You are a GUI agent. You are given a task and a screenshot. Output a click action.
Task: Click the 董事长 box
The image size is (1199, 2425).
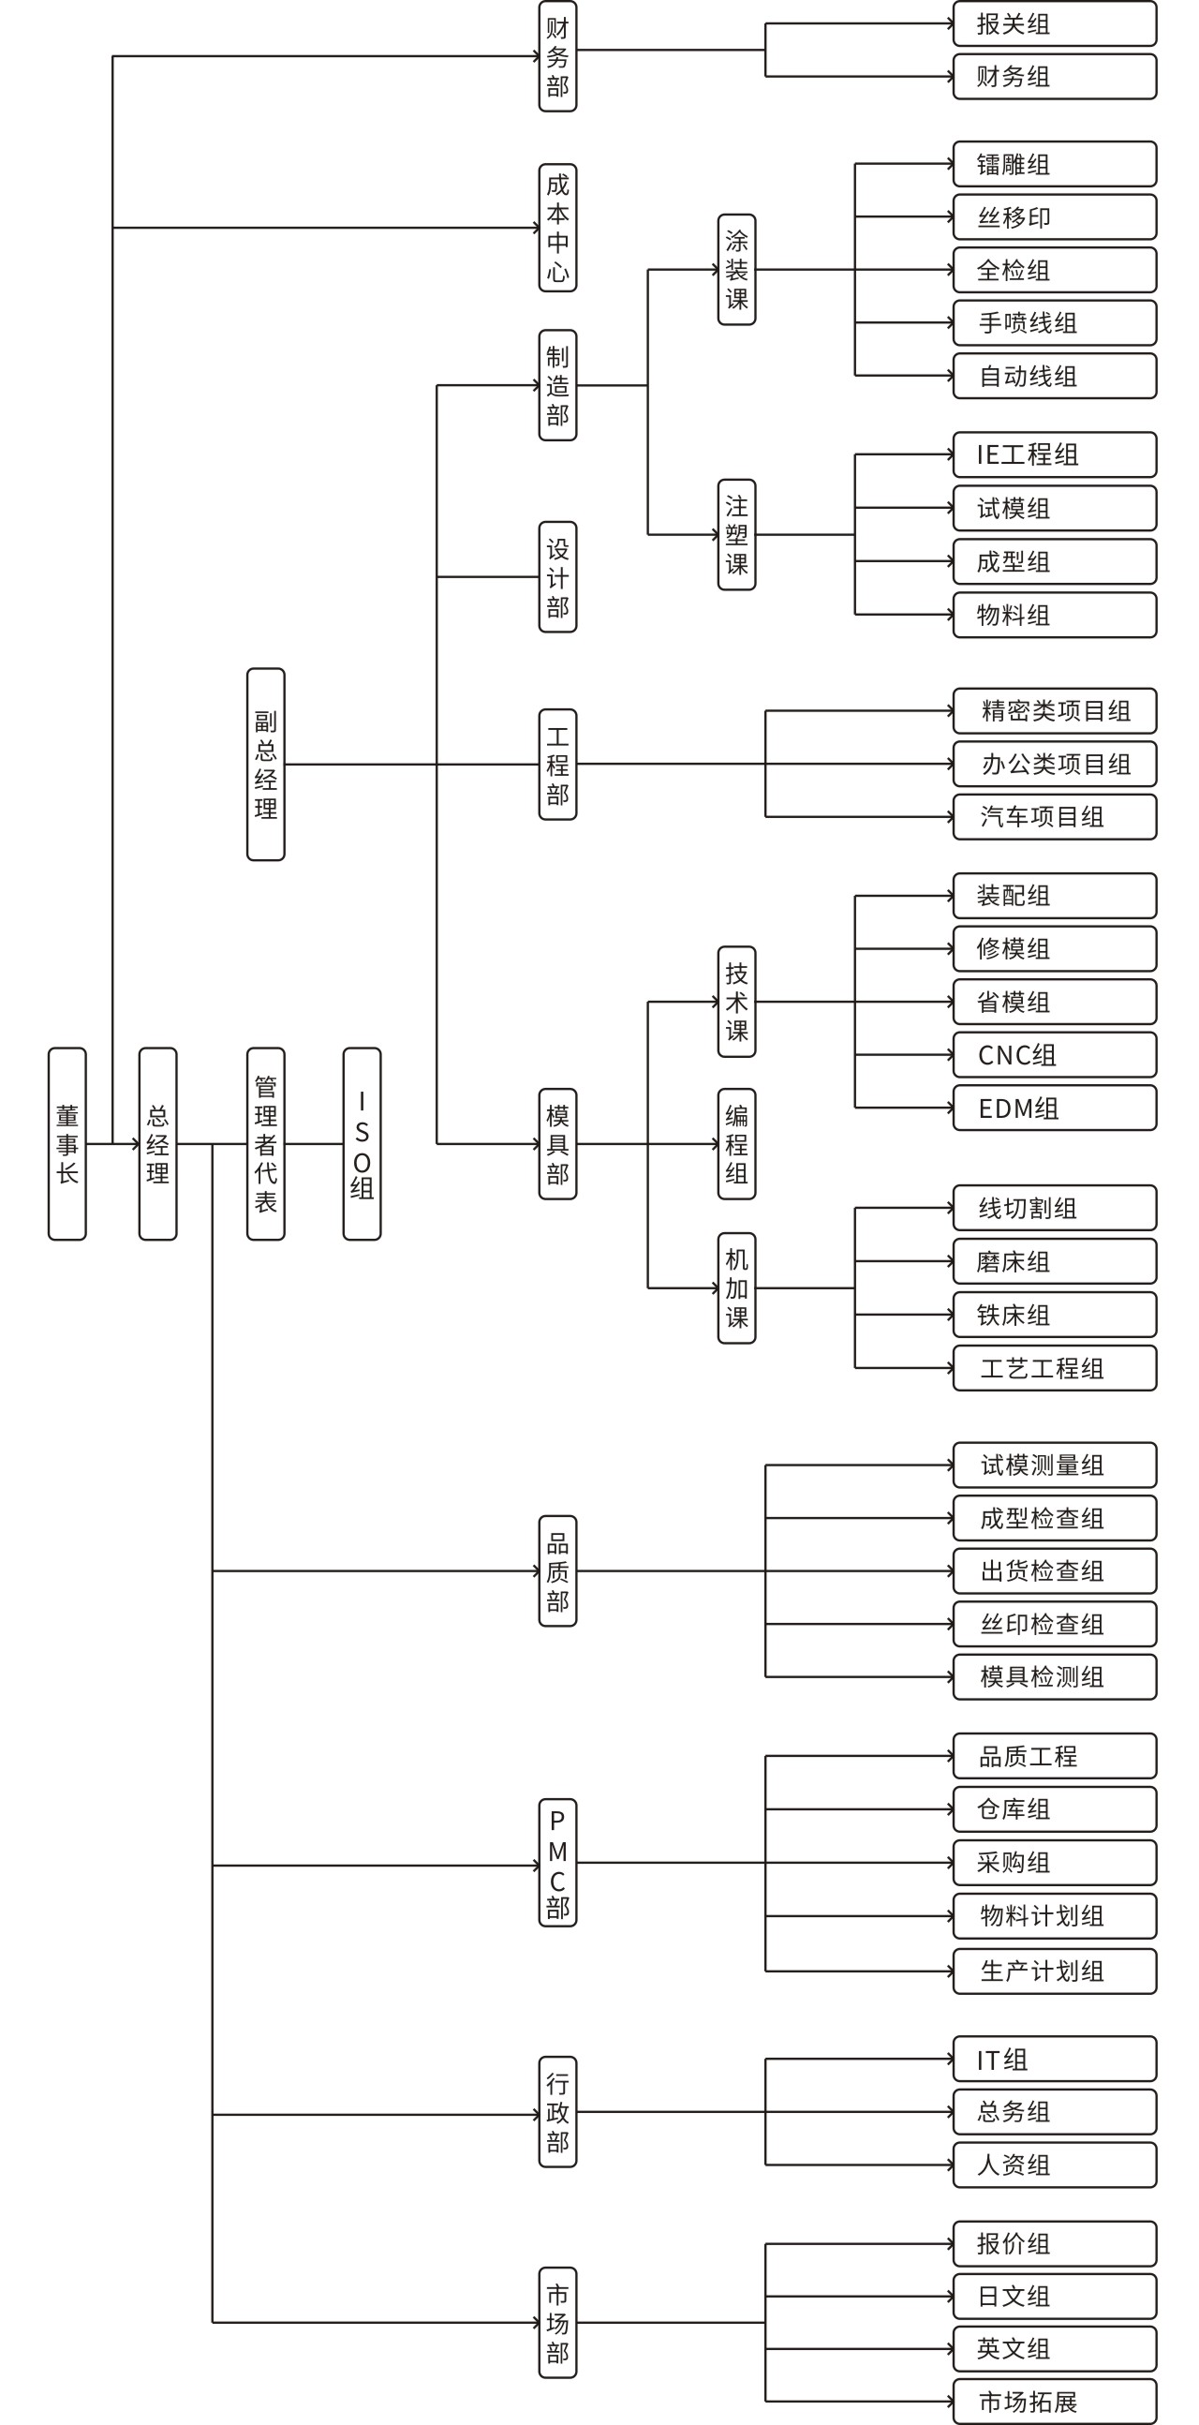click(67, 1144)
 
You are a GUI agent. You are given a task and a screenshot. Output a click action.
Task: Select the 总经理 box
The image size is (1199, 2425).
click(157, 1144)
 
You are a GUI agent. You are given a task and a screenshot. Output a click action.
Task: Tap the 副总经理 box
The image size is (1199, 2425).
click(265, 765)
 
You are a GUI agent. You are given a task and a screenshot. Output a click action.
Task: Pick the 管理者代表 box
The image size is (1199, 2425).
click(265, 1144)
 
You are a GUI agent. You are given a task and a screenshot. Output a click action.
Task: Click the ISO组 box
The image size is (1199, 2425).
click(362, 1144)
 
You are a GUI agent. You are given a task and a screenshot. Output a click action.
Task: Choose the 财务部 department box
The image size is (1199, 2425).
click(557, 56)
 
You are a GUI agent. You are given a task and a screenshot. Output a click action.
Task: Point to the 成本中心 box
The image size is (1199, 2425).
click(557, 228)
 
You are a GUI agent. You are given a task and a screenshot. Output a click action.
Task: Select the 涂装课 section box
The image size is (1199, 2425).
click(736, 270)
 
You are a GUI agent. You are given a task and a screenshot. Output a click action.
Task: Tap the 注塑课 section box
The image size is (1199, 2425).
click(736, 535)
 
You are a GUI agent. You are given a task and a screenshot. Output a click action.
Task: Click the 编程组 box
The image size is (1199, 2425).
click(736, 1144)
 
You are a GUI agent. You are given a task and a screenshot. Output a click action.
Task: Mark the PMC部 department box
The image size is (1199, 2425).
click(557, 1863)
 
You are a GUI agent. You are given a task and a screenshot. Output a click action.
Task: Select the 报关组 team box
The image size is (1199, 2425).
click(1054, 23)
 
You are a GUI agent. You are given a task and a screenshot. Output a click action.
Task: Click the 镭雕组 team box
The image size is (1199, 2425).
click(1054, 165)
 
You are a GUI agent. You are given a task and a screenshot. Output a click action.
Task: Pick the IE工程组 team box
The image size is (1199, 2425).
click(1054, 454)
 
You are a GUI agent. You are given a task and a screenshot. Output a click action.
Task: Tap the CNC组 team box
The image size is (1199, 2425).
click(1054, 1055)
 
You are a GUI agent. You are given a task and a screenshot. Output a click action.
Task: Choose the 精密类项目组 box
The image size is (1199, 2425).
click(1054, 711)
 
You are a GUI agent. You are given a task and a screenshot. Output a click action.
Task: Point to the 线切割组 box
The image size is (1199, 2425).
click(1054, 1208)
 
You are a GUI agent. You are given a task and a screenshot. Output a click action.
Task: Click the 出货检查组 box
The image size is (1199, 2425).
click(1054, 1571)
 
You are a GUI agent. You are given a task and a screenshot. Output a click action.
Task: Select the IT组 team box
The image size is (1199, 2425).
click(1054, 2060)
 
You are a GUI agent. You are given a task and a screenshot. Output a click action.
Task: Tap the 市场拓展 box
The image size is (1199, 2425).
click(1054, 2402)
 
